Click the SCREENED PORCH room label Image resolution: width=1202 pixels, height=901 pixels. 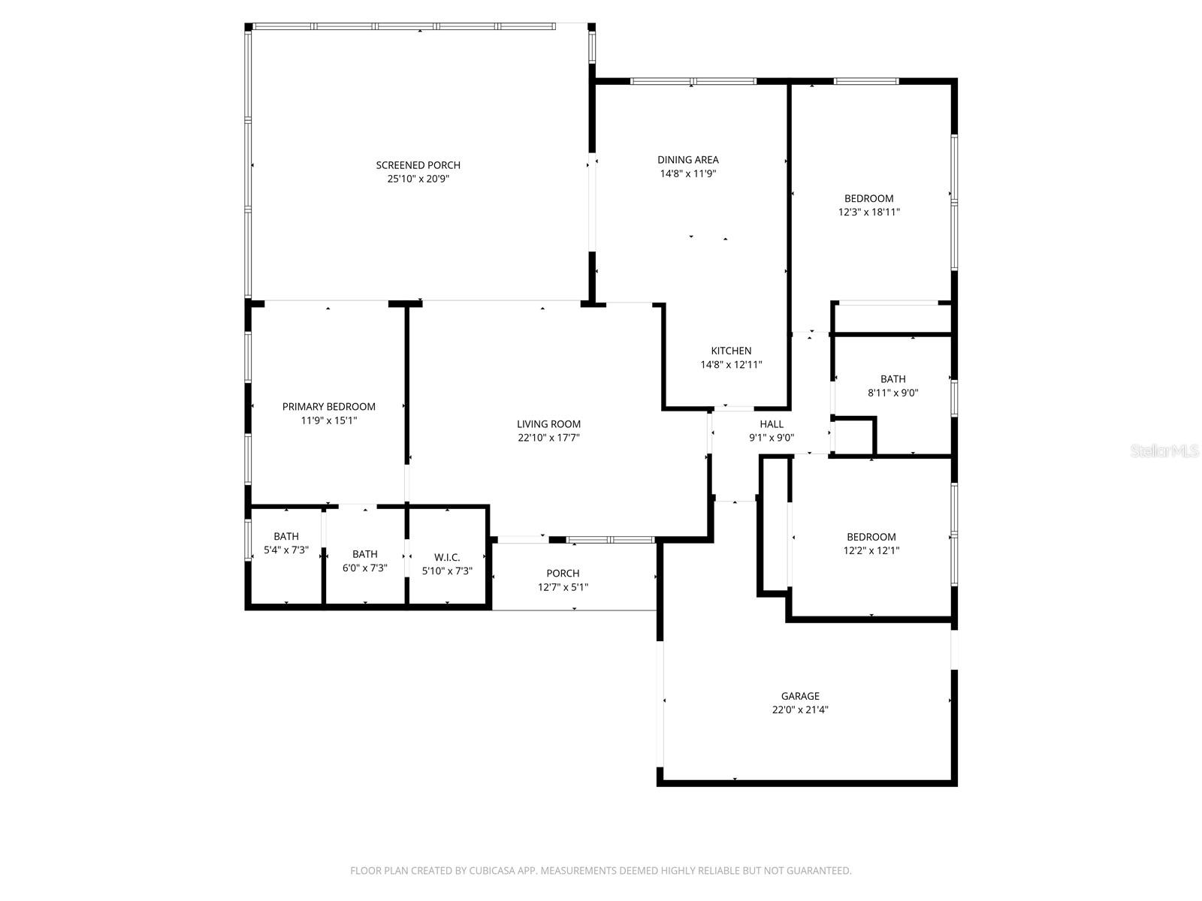(418, 165)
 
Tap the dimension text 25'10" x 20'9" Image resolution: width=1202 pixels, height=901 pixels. (418, 179)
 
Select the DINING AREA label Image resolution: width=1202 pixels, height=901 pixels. (687, 159)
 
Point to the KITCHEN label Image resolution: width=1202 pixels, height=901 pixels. (731, 351)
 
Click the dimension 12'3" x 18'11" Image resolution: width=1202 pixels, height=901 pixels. (868, 212)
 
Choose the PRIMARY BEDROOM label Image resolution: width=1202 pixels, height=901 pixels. (328, 406)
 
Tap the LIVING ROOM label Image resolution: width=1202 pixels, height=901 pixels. (548, 424)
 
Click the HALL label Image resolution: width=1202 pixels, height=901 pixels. (772, 424)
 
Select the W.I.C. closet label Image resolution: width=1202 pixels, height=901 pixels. (447, 557)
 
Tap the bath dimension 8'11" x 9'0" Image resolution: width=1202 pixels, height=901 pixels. (893, 393)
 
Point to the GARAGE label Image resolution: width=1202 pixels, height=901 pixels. (800, 696)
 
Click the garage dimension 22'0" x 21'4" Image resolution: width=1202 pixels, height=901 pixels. (800, 710)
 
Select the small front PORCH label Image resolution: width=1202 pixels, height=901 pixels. (563, 574)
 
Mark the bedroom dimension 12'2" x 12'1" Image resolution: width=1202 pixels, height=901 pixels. (871, 550)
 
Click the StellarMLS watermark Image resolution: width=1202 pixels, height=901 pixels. (1165, 451)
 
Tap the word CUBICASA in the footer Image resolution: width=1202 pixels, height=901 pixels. (492, 871)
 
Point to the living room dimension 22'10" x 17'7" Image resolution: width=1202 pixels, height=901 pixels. (548, 438)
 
